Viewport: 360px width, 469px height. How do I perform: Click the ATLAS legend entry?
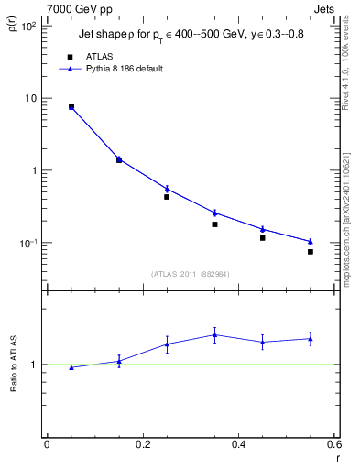click(x=98, y=56)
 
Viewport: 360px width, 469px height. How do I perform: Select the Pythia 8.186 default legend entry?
click(x=123, y=68)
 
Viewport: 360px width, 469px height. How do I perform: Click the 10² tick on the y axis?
click(x=27, y=26)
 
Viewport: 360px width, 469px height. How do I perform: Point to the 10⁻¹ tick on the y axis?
click(x=27, y=243)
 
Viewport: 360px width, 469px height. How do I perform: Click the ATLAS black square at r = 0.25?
click(x=167, y=197)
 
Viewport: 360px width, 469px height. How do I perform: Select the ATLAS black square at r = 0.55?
click(x=311, y=252)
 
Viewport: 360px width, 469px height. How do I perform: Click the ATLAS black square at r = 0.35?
click(x=214, y=224)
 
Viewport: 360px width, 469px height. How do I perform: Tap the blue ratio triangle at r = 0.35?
click(x=214, y=335)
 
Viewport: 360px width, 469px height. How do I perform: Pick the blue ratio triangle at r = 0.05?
click(x=71, y=367)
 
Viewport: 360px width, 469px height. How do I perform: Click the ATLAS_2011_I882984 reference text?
click(x=191, y=273)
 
